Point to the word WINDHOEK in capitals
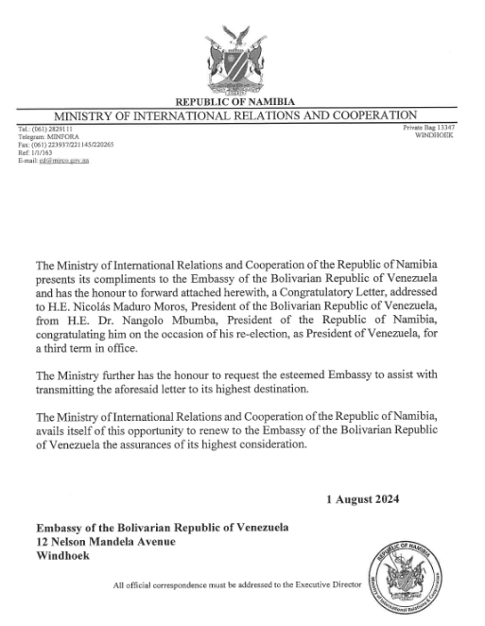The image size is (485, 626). point(436,135)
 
